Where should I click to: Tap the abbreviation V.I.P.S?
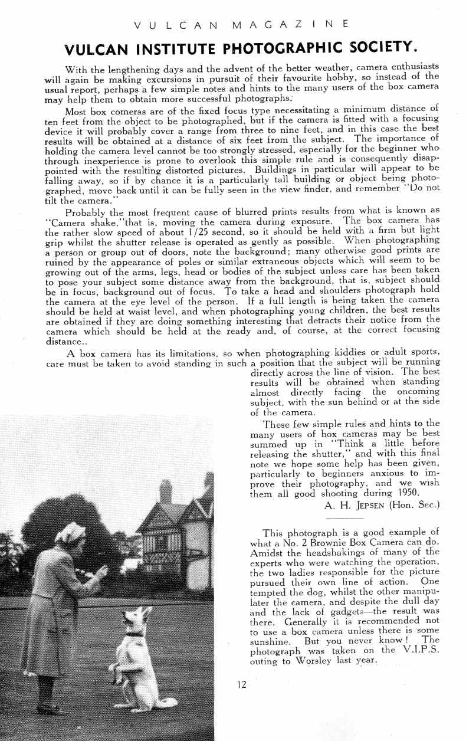click(x=418, y=650)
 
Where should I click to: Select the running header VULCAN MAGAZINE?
click(x=241, y=24)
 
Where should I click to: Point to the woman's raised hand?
click(x=102, y=571)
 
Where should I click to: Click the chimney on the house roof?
click(x=166, y=491)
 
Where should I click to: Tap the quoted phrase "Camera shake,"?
click(x=77, y=223)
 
